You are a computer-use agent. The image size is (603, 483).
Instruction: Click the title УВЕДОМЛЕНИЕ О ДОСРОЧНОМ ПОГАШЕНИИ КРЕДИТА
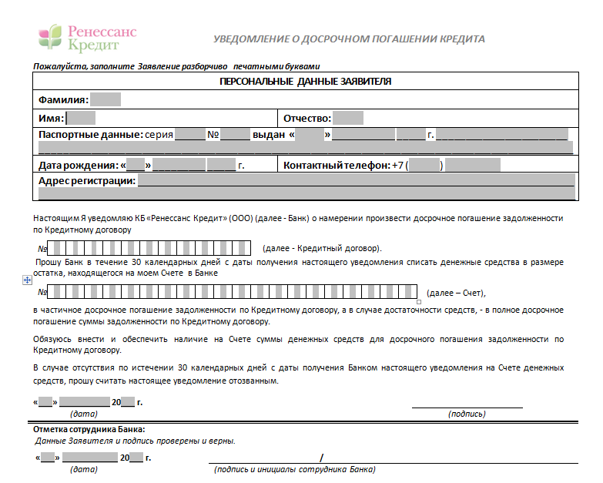coord(349,39)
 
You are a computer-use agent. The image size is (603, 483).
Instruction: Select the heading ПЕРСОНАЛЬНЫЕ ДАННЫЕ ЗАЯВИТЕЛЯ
coord(305,81)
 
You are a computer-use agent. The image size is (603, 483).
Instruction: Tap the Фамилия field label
coord(62,100)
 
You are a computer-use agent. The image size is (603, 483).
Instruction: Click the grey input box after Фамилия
coord(106,100)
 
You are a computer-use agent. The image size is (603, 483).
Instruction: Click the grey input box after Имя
coord(81,119)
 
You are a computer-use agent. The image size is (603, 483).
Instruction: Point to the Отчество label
coord(307,119)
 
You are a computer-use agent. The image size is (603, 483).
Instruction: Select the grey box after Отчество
coord(349,119)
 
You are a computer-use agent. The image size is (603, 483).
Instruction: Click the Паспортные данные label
coord(89,135)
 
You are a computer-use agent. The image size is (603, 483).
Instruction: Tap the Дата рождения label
coord(78,165)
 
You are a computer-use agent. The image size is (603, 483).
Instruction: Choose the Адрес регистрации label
coord(87,181)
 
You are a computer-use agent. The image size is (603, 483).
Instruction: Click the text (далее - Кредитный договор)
coord(322,249)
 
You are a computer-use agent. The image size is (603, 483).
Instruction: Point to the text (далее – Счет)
coord(457,293)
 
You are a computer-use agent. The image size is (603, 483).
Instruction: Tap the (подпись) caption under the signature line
coord(467,414)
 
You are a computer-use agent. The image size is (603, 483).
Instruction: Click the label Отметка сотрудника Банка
coord(89,430)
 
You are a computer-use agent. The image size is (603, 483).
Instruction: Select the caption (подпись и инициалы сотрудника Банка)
coord(295,469)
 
